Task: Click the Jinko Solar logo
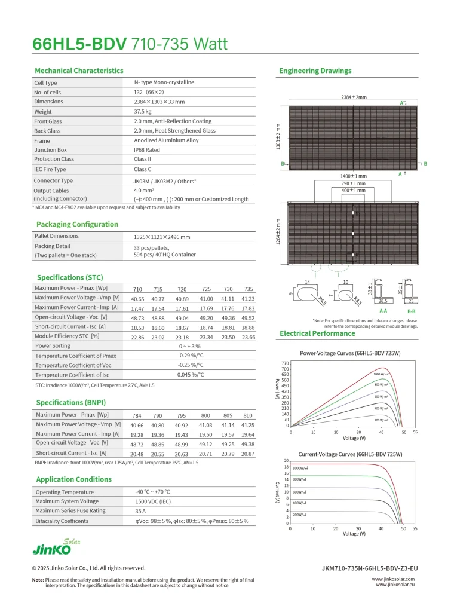(x=56, y=548)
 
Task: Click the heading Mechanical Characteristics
(x=79, y=71)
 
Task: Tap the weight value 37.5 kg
(x=143, y=111)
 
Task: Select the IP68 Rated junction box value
(x=147, y=150)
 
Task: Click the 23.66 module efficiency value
(x=248, y=337)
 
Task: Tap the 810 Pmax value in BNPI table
(x=248, y=415)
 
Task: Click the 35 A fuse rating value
(x=140, y=511)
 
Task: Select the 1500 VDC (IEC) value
(x=153, y=501)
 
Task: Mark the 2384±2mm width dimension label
(x=349, y=97)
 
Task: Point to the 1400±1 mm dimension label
(x=354, y=176)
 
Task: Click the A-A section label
(x=383, y=311)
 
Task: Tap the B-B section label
(x=412, y=311)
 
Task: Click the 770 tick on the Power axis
(x=285, y=363)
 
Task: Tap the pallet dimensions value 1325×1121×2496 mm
(x=162, y=237)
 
